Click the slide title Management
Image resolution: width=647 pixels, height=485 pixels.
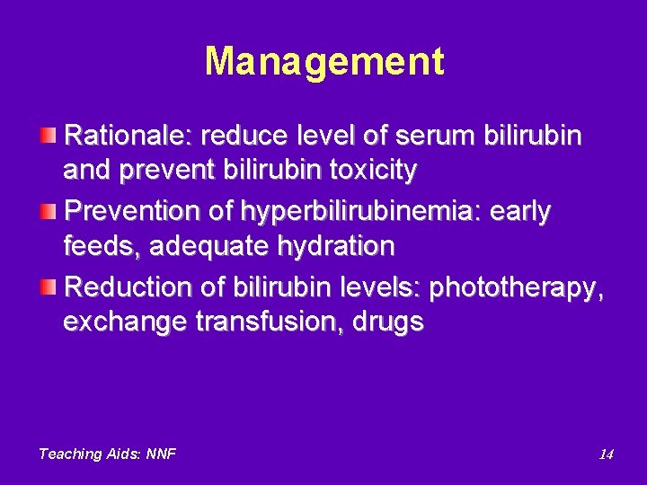click(323, 62)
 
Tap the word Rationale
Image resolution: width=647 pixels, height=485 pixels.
click(129, 136)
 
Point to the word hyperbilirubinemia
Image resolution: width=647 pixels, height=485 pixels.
click(362, 212)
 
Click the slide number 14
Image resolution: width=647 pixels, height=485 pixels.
click(606, 454)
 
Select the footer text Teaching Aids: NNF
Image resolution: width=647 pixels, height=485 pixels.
click(107, 454)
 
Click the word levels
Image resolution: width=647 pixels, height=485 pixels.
click(383, 288)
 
